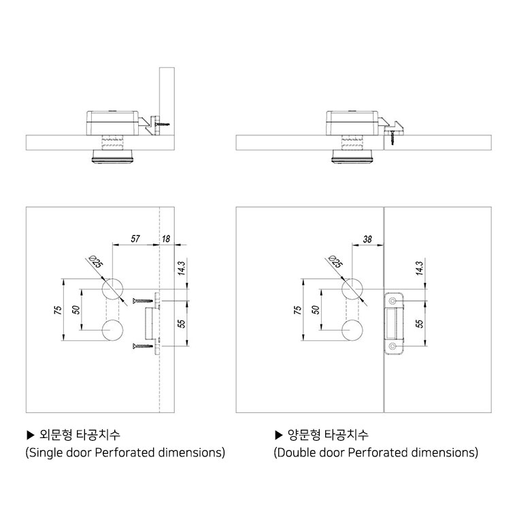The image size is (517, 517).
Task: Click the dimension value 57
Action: point(135,239)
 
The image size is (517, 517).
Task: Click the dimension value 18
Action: point(167,239)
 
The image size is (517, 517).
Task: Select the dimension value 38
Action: point(368,239)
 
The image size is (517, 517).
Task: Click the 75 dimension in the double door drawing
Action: point(297,310)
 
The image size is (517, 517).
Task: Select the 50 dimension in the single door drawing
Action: point(77,310)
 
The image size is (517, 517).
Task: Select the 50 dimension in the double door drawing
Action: point(316,310)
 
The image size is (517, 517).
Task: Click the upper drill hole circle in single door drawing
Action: point(113,288)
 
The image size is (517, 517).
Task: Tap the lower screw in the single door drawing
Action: point(143,347)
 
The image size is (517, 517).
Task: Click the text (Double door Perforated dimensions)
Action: point(376,452)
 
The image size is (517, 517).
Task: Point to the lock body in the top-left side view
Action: point(112,121)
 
